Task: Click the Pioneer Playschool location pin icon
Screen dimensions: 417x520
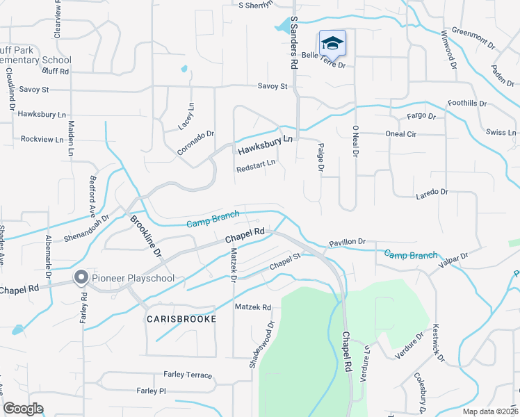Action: (x=81, y=278)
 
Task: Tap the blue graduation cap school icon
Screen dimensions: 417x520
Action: (x=332, y=43)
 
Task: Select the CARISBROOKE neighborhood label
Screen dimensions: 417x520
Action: (x=181, y=318)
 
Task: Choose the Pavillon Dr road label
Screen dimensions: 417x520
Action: (x=347, y=242)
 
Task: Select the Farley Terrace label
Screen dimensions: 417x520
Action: (x=188, y=375)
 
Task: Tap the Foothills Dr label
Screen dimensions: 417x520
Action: (x=467, y=103)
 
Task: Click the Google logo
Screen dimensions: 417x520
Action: (x=24, y=409)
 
